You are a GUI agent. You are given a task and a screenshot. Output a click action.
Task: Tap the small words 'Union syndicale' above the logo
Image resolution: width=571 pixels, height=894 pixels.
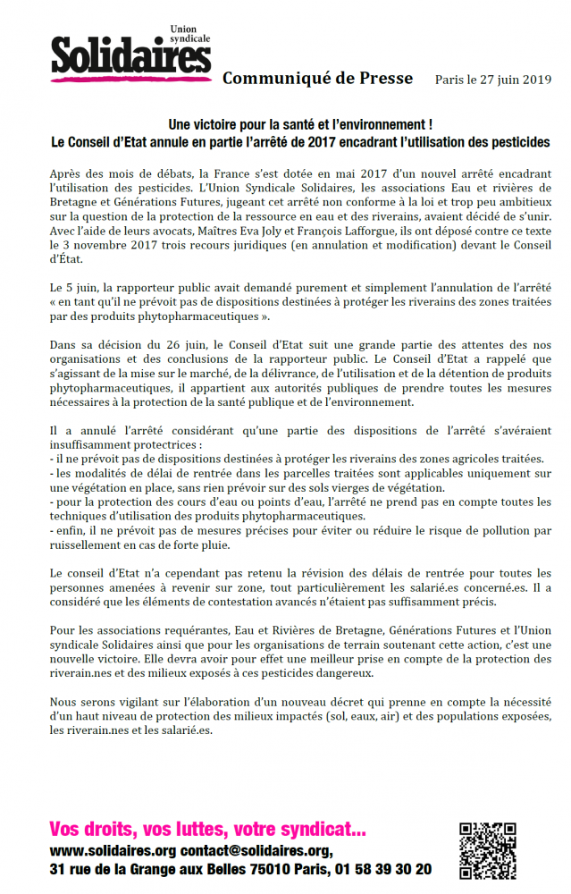(189, 36)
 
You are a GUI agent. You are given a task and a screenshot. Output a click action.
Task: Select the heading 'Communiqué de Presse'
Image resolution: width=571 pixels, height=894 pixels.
(317, 79)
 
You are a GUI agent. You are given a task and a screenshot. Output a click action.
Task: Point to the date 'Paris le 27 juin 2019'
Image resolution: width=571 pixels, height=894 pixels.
(493, 80)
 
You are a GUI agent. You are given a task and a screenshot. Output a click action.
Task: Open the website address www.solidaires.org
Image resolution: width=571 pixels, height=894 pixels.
(113, 850)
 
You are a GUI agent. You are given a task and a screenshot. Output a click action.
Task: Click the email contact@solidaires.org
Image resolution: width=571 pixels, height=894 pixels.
(256, 850)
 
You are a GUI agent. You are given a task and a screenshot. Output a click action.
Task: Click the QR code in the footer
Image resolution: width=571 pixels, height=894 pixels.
(488, 848)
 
